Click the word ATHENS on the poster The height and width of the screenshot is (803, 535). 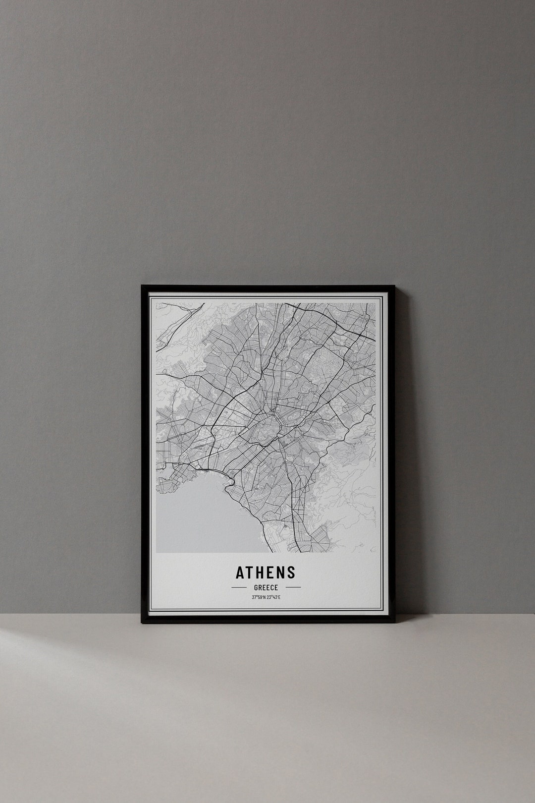pos(266,573)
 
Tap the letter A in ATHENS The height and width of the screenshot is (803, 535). pos(240,573)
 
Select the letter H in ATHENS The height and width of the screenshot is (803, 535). pos(260,573)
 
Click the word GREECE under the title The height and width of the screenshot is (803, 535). pos(266,587)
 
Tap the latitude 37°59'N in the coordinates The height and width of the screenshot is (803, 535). pos(259,597)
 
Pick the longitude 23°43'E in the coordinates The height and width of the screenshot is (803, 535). pos(273,597)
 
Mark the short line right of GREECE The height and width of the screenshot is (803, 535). pos(293,587)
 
